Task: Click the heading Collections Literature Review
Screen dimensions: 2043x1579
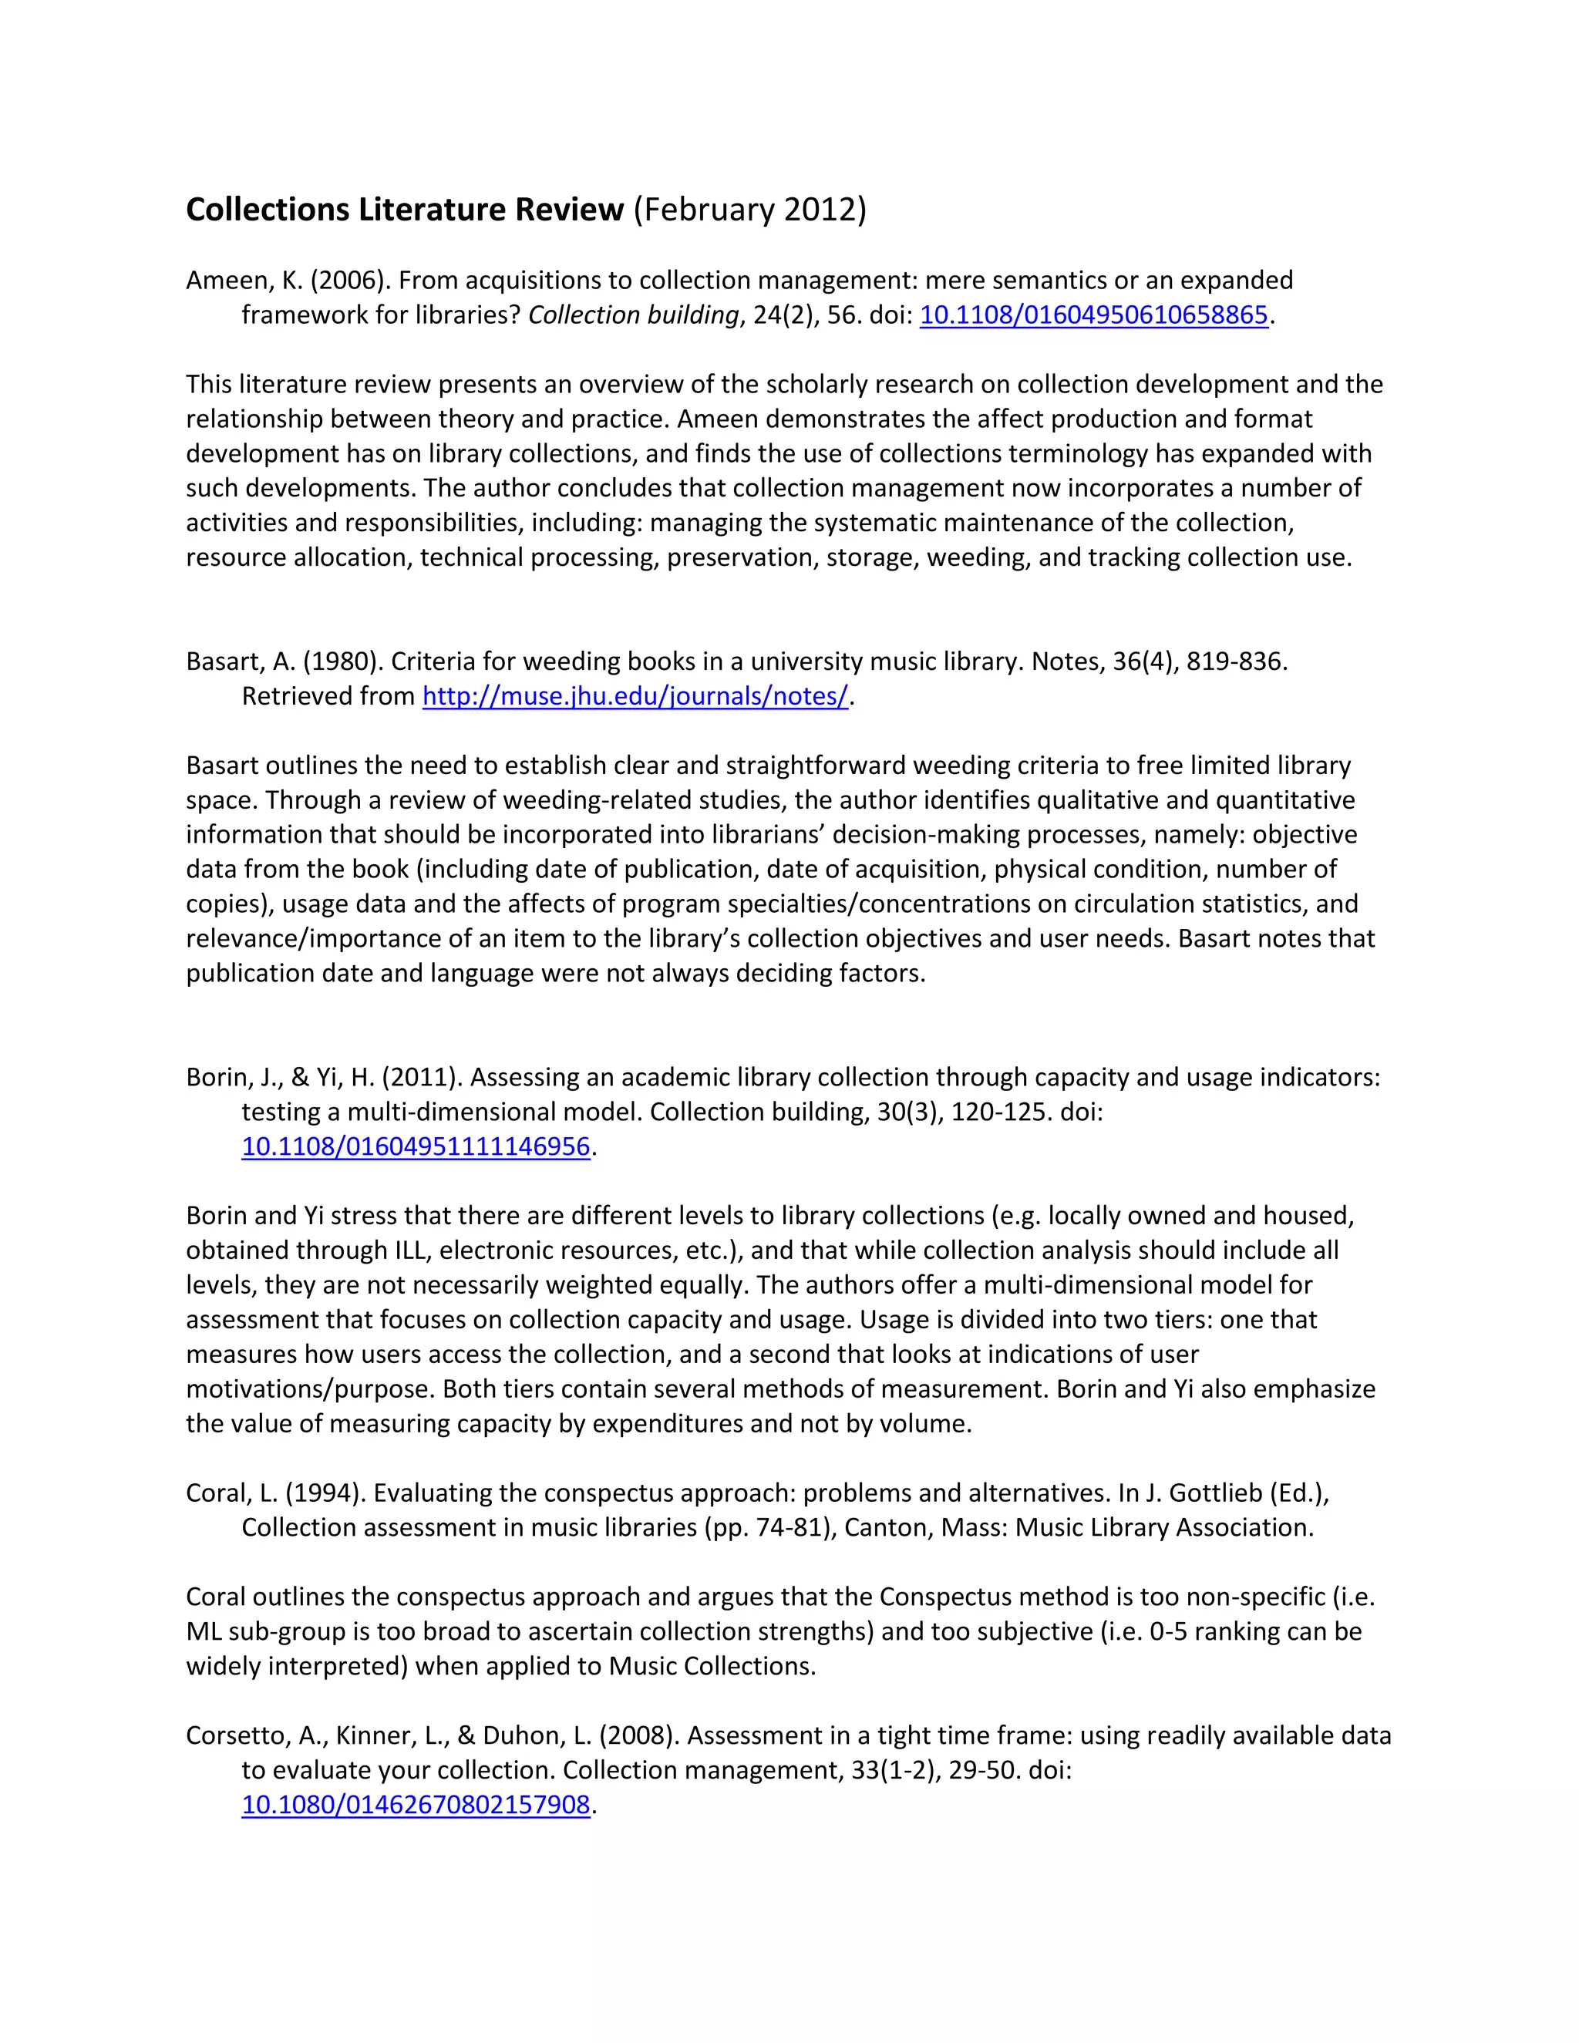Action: [x=404, y=210]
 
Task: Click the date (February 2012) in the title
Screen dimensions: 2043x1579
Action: [x=750, y=210]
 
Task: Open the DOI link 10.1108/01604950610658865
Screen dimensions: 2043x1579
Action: [x=1093, y=315]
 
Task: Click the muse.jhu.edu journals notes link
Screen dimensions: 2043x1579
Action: [x=635, y=696]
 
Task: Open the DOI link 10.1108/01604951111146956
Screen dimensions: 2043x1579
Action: [x=416, y=1147]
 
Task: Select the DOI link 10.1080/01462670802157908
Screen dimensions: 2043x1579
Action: [x=416, y=1805]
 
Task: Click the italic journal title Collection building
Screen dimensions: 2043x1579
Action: [x=633, y=315]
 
